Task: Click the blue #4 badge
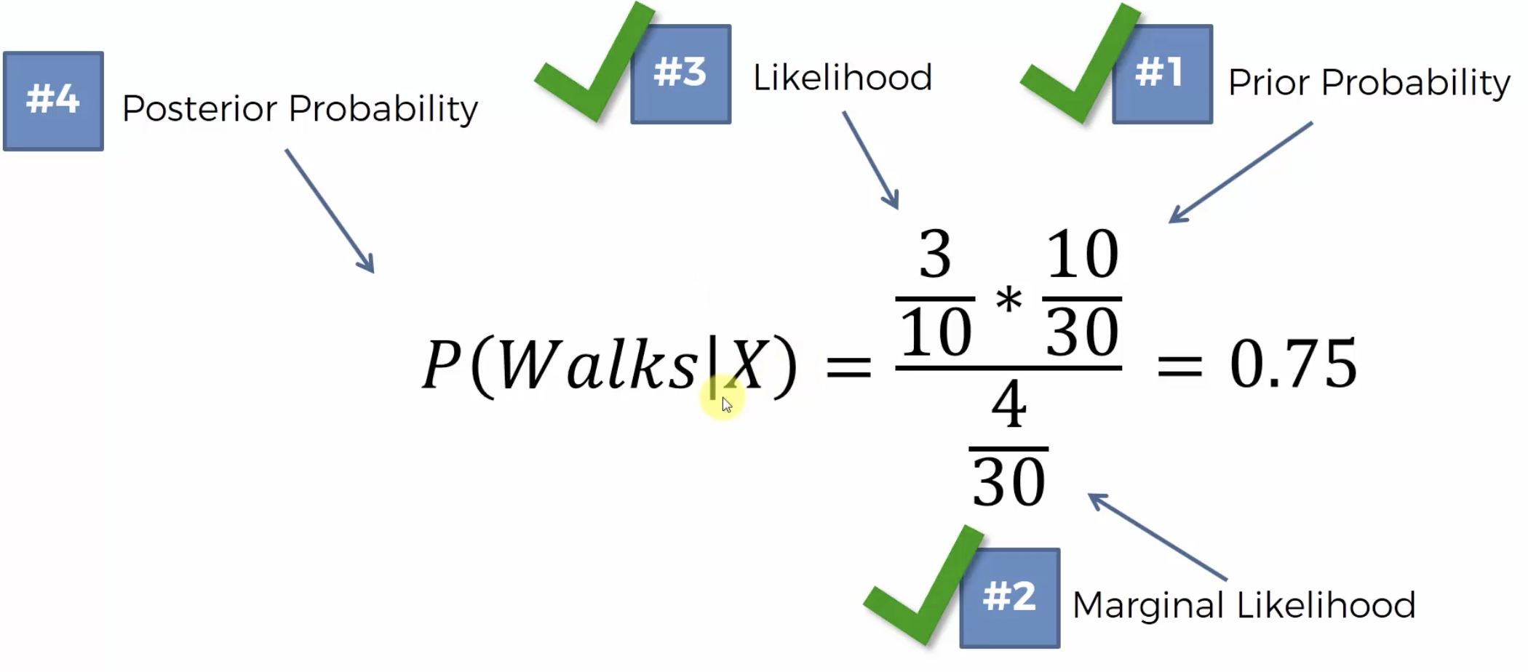click(x=53, y=101)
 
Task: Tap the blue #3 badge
click(x=680, y=74)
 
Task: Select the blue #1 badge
click(x=1162, y=74)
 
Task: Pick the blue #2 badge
click(x=1009, y=598)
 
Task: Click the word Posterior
click(x=200, y=109)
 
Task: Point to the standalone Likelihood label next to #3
click(x=842, y=78)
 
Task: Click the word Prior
click(x=1270, y=82)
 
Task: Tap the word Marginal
click(x=1147, y=605)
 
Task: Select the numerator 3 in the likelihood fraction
click(x=935, y=255)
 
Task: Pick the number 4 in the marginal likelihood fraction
click(x=1008, y=404)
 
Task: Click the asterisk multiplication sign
click(x=1008, y=300)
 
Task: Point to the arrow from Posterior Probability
click(x=330, y=211)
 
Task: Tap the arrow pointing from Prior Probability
click(x=1241, y=172)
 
